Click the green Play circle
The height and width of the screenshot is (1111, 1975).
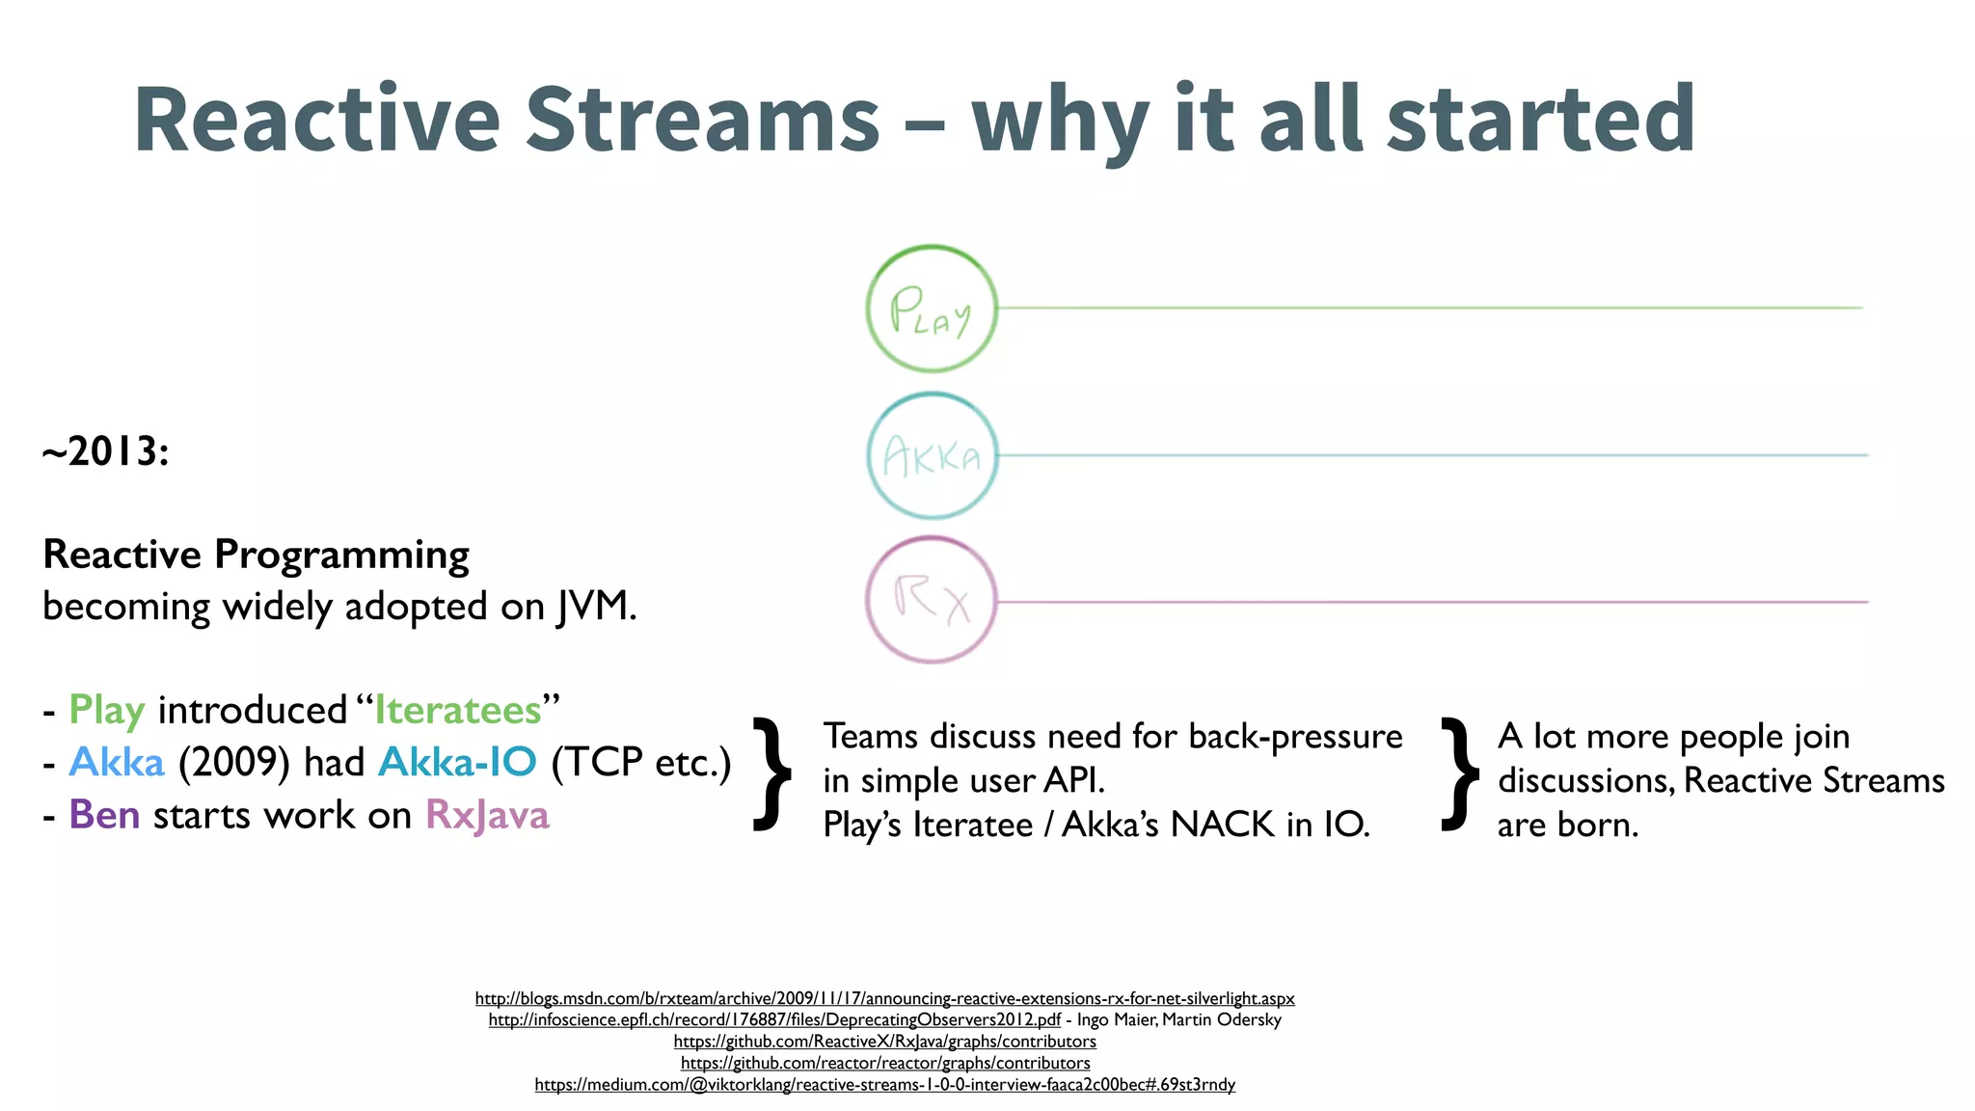point(932,309)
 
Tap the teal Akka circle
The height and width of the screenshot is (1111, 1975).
point(932,455)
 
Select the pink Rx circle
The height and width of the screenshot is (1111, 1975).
point(932,600)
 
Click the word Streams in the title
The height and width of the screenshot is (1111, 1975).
point(702,120)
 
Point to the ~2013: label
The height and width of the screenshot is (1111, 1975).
point(106,451)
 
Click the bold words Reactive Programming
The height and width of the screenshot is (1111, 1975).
point(257,555)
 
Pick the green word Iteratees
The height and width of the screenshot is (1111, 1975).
point(458,710)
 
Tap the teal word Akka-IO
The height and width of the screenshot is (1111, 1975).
point(457,762)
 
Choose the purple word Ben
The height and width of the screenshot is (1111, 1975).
point(104,815)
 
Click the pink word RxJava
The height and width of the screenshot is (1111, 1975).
point(487,815)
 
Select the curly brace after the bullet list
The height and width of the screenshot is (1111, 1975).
point(772,773)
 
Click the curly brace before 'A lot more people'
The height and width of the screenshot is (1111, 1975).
point(1460,773)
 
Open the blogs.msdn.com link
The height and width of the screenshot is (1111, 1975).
point(884,998)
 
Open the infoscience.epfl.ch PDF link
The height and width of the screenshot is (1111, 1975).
point(774,1019)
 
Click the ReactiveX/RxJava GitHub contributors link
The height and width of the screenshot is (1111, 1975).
point(884,1042)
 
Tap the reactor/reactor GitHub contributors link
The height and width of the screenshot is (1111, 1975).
point(884,1063)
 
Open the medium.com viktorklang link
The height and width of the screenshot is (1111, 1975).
point(884,1084)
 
